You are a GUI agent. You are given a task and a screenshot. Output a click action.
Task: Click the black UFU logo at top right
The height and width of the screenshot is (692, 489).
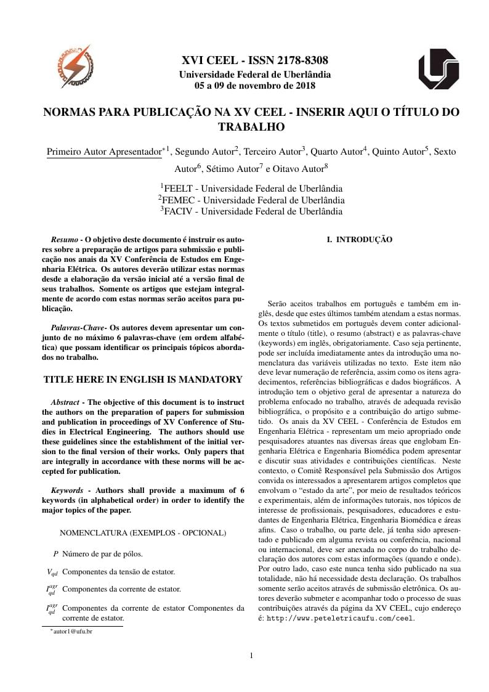click(x=438, y=69)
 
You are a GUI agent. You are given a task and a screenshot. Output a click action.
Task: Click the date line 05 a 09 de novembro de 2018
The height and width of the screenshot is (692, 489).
click(x=254, y=86)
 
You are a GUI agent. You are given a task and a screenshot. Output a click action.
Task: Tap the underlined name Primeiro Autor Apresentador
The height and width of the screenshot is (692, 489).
click(x=104, y=152)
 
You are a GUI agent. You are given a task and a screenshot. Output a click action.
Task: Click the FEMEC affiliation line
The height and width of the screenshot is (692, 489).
click(x=251, y=200)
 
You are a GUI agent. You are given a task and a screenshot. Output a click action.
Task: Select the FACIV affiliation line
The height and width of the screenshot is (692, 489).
click(x=251, y=211)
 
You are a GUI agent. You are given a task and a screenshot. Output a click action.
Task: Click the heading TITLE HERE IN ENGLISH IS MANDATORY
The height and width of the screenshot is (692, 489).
click(x=143, y=379)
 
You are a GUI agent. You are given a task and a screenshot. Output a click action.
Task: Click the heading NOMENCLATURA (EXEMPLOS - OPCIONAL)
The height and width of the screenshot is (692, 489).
click(x=143, y=532)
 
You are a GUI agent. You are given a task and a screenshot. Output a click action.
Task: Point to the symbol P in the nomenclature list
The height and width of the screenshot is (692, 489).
click(x=55, y=554)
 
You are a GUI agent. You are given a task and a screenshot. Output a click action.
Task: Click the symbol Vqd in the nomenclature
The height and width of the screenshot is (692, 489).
click(x=52, y=572)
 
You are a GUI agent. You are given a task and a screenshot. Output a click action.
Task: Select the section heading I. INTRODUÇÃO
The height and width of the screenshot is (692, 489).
click(x=359, y=239)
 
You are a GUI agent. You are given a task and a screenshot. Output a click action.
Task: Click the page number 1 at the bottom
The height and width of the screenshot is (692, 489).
click(x=251, y=655)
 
